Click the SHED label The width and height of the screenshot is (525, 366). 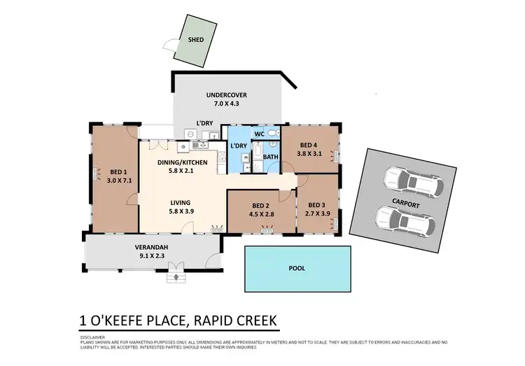(197, 40)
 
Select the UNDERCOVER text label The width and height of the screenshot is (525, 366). (226, 95)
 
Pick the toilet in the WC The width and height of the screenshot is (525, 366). (274, 132)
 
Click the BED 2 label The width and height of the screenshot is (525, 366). (261, 205)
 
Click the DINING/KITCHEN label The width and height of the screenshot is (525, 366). (182, 162)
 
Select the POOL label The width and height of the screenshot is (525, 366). (297, 267)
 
